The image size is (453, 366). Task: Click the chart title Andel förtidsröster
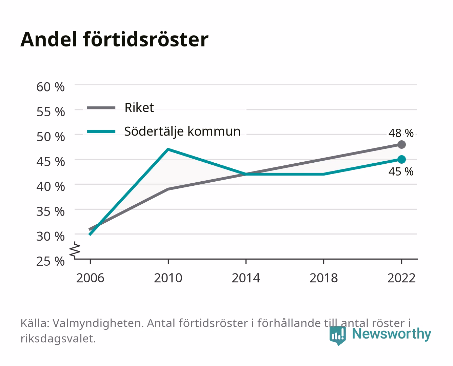[x=114, y=40]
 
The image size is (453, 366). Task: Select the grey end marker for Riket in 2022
[x=401, y=144]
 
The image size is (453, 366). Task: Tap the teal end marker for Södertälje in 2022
[x=401, y=159]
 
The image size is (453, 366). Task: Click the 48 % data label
[x=401, y=133]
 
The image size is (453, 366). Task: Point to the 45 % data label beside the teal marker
[x=401, y=171]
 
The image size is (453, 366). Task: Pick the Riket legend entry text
[x=139, y=108]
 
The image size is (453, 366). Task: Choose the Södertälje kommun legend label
[x=182, y=131]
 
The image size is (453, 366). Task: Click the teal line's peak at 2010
[x=168, y=149]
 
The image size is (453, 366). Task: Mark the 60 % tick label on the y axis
[x=51, y=87]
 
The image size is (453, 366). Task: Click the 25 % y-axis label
[x=51, y=261]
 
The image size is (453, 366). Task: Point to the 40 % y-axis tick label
[x=51, y=187]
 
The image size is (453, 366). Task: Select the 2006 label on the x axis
[x=90, y=278]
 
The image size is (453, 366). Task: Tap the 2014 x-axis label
[x=246, y=278]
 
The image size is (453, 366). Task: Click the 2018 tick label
[x=323, y=278]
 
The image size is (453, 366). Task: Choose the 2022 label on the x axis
[x=401, y=278]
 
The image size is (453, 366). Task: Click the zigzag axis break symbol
[x=75, y=250]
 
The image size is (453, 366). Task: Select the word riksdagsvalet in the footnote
[x=58, y=339]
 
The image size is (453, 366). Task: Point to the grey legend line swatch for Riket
[x=101, y=108]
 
